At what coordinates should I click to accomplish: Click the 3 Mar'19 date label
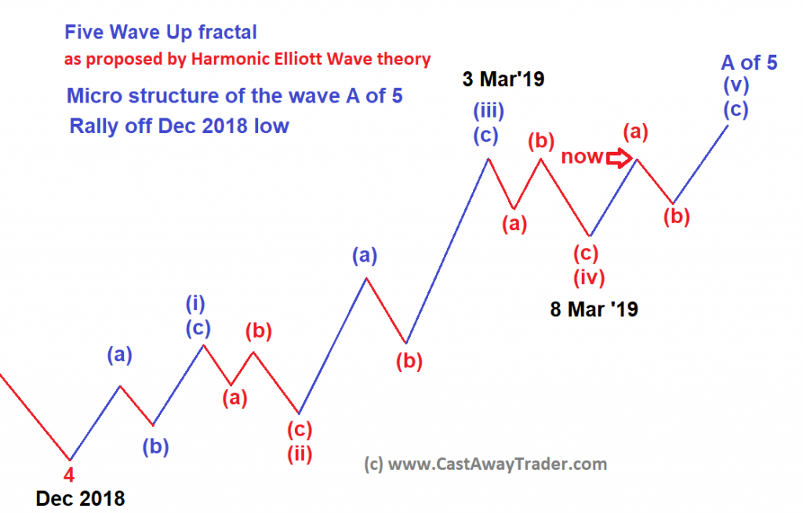point(503,79)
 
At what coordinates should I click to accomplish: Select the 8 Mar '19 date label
point(594,309)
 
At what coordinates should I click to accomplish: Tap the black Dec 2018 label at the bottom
point(81,498)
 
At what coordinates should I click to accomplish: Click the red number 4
point(69,475)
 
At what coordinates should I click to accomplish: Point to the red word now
point(583,157)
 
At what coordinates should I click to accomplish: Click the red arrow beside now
point(620,158)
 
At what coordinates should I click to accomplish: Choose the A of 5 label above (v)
point(749,63)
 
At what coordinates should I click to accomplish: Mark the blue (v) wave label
point(736,85)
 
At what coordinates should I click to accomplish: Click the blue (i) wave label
point(195,304)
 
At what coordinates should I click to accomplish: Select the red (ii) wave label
point(300,454)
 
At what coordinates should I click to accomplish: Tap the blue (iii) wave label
point(489,110)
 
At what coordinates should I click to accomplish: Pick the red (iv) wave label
point(589,278)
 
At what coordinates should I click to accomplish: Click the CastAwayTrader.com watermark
point(485,464)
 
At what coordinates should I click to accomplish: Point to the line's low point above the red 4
point(70,460)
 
